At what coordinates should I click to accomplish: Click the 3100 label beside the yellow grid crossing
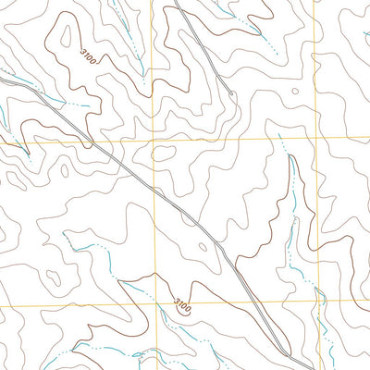tap(183, 303)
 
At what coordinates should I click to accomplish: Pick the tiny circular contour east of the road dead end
tap(294, 91)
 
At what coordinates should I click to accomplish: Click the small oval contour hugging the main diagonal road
tap(203, 246)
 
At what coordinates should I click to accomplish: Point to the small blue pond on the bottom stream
tap(139, 353)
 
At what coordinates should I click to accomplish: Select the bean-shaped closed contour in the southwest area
tap(55, 277)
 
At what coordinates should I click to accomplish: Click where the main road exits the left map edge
tap(1, 80)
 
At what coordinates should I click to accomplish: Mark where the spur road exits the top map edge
tap(175, 1)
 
